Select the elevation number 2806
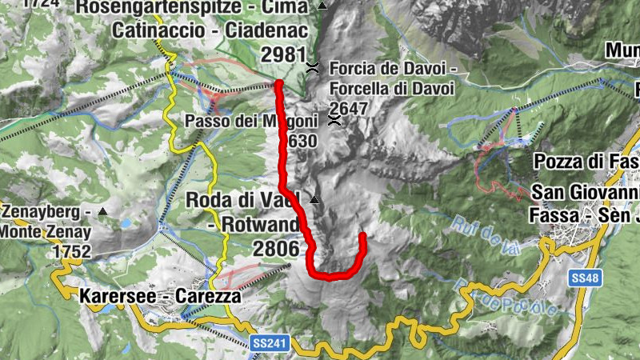(276, 250)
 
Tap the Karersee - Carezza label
(160, 296)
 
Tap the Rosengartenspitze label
(192, 8)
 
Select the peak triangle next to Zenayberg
(103, 212)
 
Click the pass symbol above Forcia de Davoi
(313, 67)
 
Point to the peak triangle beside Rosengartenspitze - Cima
(322, 6)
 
